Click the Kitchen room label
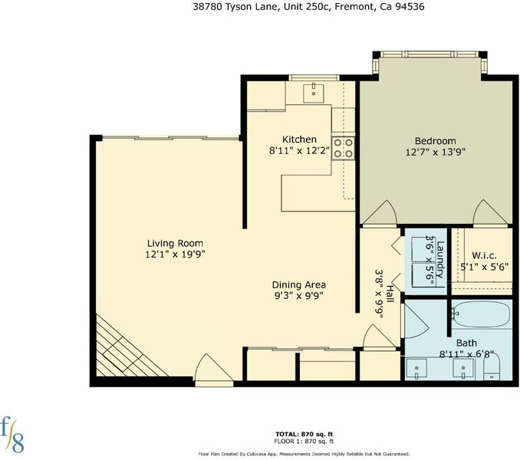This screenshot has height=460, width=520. (x=299, y=140)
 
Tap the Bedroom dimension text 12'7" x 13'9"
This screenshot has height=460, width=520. (x=435, y=152)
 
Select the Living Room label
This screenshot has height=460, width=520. (x=175, y=243)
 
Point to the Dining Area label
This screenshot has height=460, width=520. (x=299, y=284)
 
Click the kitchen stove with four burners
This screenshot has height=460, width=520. (x=343, y=148)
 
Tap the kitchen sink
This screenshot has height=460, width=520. (x=313, y=94)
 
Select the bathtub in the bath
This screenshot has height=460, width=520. (x=481, y=314)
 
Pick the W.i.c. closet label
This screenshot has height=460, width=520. (x=484, y=256)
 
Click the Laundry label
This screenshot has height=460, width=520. (x=440, y=259)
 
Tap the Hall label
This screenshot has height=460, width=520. (x=390, y=294)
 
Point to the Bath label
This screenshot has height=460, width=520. (x=466, y=343)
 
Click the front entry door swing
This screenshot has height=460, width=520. (x=214, y=369)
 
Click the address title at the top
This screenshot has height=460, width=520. (x=308, y=7)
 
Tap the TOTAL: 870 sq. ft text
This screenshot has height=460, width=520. (x=304, y=434)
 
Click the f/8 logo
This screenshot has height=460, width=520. (x=12, y=435)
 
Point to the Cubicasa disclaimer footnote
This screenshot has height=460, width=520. (x=304, y=454)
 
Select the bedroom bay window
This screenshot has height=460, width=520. (x=429, y=62)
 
